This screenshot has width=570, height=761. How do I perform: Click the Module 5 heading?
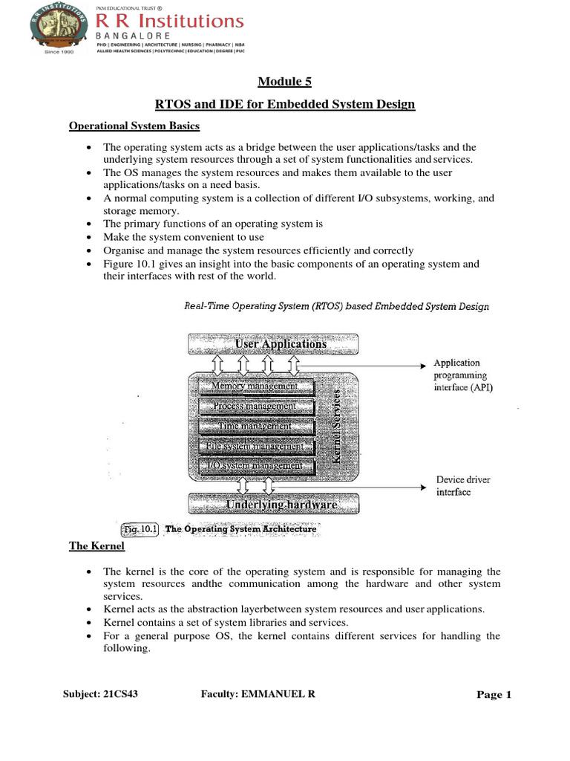pyautogui.click(x=284, y=82)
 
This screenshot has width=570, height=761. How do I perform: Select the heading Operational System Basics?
pyautogui.click(x=134, y=126)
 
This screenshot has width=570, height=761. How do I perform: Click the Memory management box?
pyautogui.click(x=255, y=386)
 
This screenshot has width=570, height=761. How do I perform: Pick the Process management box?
pyautogui.click(x=255, y=406)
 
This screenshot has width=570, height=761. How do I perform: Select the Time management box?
pyautogui.click(x=255, y=426)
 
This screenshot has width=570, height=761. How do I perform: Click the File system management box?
pyautogui.click(x=255, y=446)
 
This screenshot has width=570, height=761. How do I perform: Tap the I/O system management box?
pyautogui.click(x=255, y=466)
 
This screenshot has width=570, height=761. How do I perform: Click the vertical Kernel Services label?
pyautogui.click(x=338, y=427)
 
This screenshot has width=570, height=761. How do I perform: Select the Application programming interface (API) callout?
pyautogui.click(x=462, y=375)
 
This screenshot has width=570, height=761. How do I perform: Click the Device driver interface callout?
pyautogui.click(x=462, y=486)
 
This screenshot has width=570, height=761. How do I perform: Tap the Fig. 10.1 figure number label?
pyautogui.click(x=140, y=529)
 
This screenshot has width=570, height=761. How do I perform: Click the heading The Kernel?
pyautogui.click(x=96, y=546)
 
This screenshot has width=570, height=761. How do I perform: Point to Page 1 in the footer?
pyautogui.click(x=494, y=695)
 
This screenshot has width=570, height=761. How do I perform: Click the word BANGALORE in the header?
pyautogui.click(x=134, y=36)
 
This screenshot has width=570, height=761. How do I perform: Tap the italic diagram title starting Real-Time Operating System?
pyautogui.click(x=335, y=306)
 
